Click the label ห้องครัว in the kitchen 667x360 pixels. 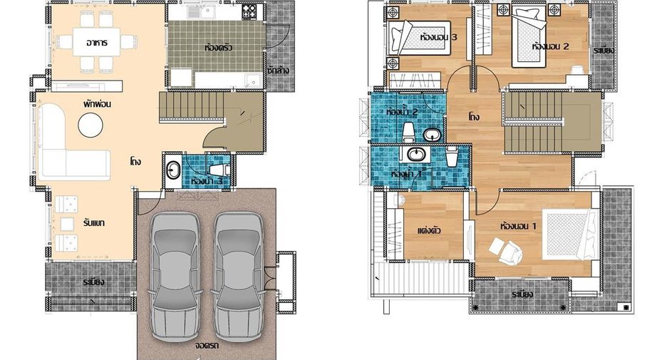(x=218, y=47)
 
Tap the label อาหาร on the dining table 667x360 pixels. (x=97, y=43)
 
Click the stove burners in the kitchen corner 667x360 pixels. (x=249, y=12)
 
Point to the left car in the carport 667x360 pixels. (x=175, y=277)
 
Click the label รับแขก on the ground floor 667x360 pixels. (x=95, y=222)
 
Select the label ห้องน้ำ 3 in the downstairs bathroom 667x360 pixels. (x=206, y=180)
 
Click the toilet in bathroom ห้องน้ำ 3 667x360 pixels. (x=219, y=170)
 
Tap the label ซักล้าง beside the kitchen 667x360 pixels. (x=278, y=70)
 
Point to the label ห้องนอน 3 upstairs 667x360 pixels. (x=438, y=38)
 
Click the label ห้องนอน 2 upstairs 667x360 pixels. (x=550, y=46)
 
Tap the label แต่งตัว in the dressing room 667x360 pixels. (x=429, y=231)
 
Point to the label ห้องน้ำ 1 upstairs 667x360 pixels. (x=406, y=174)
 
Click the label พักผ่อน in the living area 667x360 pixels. (x=98, y=104)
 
